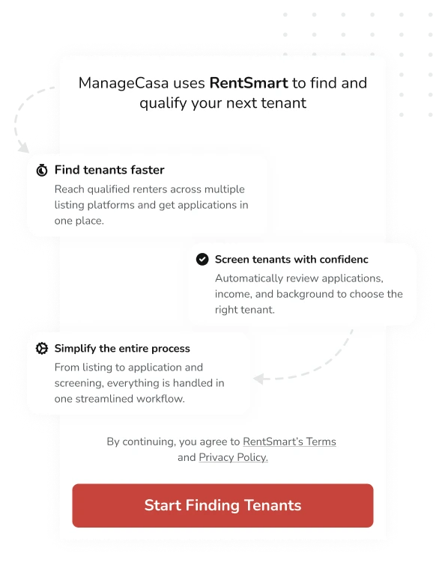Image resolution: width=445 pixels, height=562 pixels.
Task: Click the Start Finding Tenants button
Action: coord(222,505)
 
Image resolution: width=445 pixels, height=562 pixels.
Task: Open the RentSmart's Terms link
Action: coord(289,442)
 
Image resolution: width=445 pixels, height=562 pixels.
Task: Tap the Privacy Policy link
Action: coord(233,457)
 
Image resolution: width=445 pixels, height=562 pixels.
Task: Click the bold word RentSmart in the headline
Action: coord(249,83)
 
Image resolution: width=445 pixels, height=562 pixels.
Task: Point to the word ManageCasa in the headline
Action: coord(124,83)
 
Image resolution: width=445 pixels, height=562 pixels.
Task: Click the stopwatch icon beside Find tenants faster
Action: coord(42,170)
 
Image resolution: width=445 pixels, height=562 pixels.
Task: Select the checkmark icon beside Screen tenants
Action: coord(202,259)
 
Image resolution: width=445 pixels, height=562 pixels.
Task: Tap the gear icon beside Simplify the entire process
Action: coord(42,349)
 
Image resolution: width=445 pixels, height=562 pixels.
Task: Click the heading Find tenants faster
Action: coord(109,170)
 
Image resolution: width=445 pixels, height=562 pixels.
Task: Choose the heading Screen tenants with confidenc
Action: coord(291,259)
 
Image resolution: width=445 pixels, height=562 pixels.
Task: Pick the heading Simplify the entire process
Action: coord(122,349)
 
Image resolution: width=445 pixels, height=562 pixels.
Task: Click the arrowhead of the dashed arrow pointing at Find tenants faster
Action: coord(24,147)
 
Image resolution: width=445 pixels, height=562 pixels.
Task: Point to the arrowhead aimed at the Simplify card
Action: coord(258,379)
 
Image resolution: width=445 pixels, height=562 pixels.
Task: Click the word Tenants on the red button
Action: coord(273,505)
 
